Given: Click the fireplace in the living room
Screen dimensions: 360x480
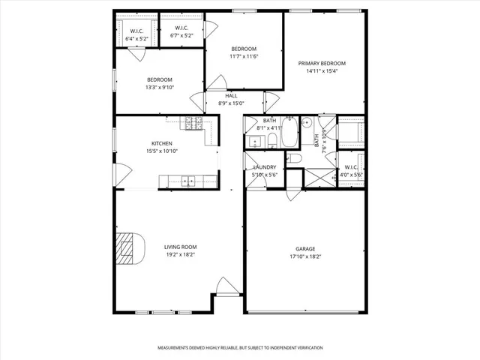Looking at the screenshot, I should pos(129,248).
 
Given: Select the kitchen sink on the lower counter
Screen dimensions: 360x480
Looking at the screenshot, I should pos(187,179).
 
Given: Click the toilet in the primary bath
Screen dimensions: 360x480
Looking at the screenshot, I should pos(295,159).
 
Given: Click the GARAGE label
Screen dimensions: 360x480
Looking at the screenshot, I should pos(305,248).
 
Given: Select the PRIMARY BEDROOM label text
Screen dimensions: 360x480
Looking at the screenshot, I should pos(322,64).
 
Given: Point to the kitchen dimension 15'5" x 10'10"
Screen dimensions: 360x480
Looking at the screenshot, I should pos(162,151).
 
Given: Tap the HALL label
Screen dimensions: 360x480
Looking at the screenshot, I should pos(232,96).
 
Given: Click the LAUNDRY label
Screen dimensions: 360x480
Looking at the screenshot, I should pos(265,167).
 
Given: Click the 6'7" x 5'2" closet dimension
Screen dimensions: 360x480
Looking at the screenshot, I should pos(181,35).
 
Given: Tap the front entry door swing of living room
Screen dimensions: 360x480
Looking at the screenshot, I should pos(225,286).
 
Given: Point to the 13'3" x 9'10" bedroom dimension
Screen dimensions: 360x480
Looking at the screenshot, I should pos(160,87).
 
